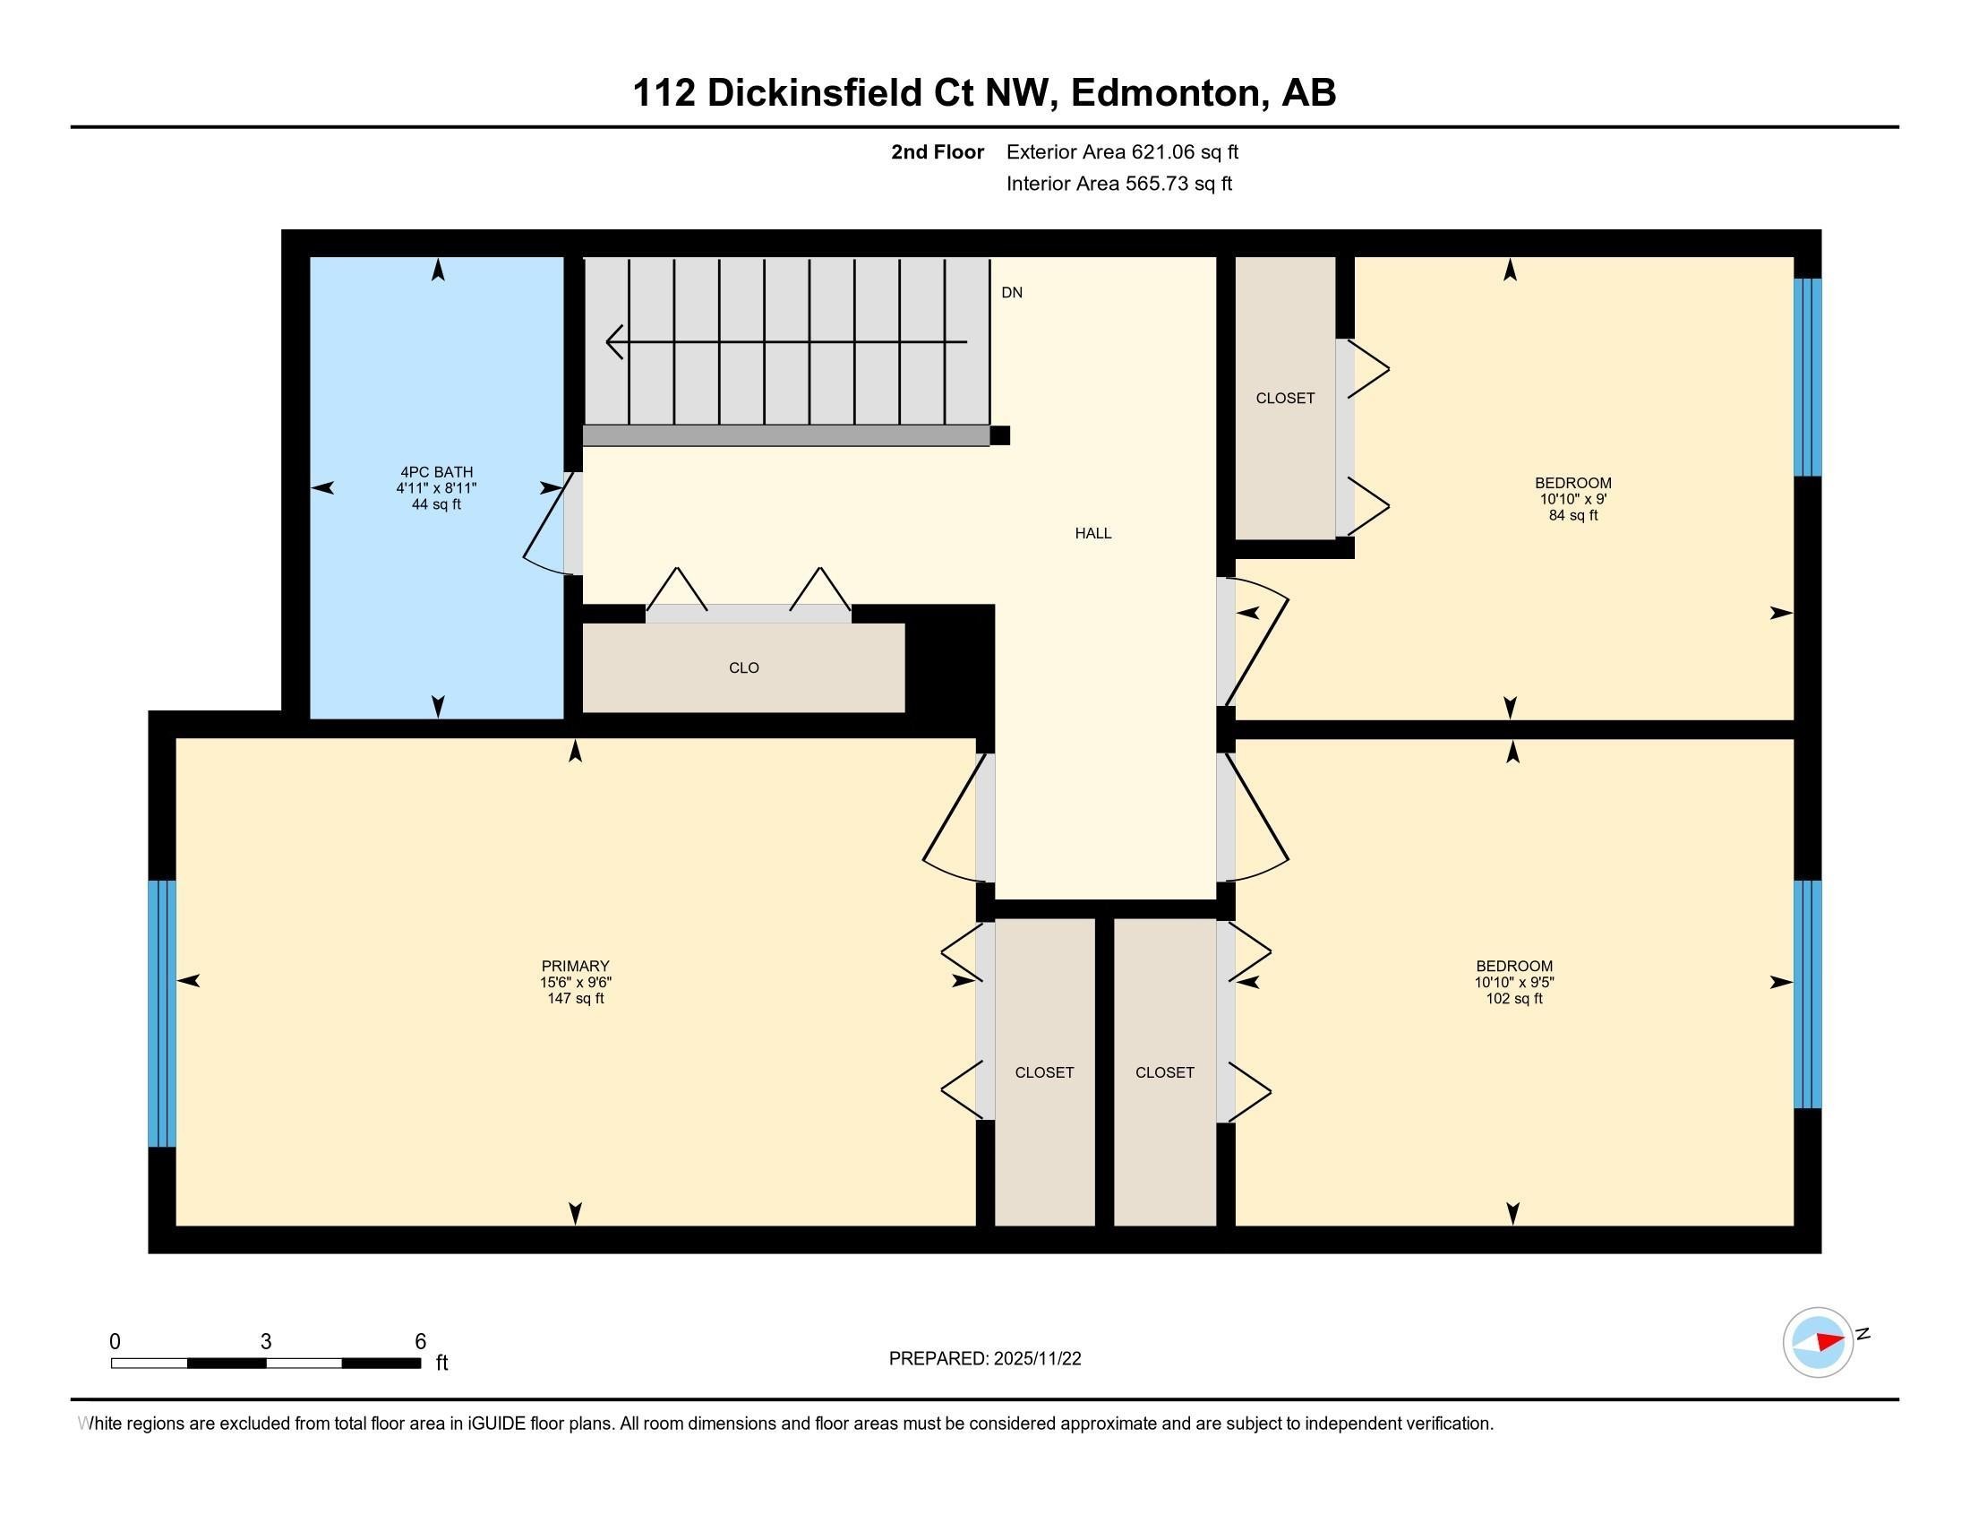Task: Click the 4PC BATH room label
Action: (x=437, y=472)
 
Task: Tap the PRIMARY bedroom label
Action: (x=576, y=966)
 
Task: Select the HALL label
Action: (x=1092, y=533)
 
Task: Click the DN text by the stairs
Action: (x=1011, y=292)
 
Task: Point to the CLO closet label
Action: (x=743, y=667)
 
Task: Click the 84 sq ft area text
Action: (x=1572, y=515)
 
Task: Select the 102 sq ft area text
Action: (x=1513, y=999)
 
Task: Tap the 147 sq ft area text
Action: (x=576, y=999)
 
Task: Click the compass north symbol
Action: (x=1819, y=1342)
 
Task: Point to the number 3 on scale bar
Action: (x=265, y=1342)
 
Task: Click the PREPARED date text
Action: (x=984, y=1359)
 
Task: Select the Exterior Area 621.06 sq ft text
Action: (x=1122, y=151)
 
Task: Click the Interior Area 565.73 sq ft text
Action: (x=1118, y=184)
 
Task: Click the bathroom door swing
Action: (x=544, y=532)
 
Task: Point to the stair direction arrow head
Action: (x=614, y=342)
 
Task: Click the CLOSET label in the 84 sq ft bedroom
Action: (x=1284, y=398)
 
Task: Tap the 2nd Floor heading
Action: (x=937, y=151)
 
